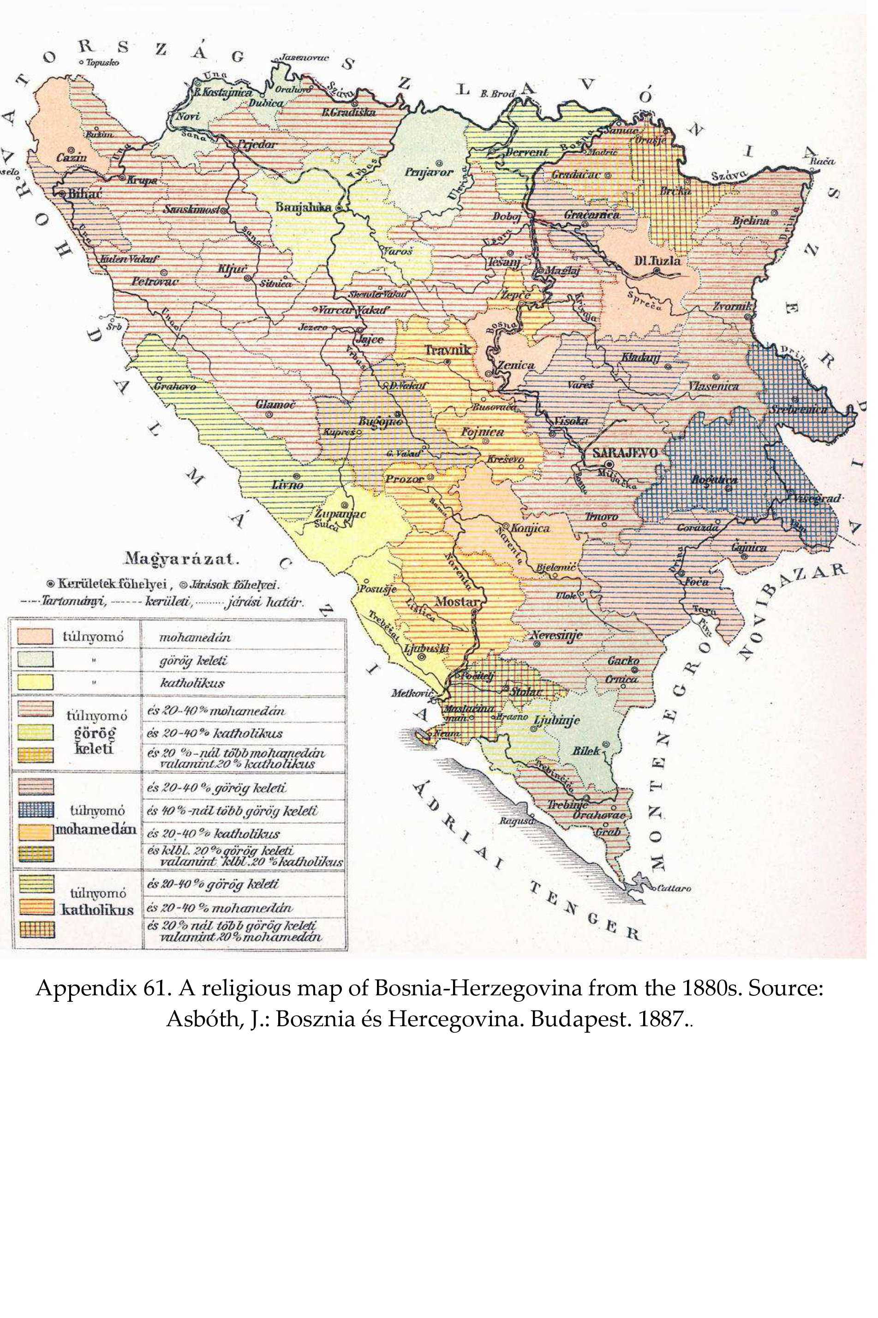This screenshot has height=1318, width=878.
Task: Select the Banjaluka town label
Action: (304, 207)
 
